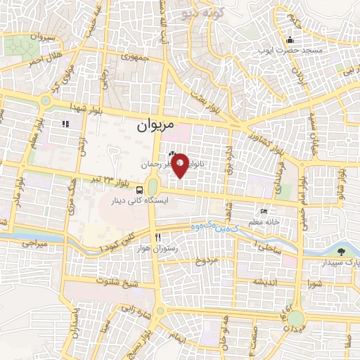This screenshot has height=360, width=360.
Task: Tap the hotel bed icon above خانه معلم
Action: tap(264, 212)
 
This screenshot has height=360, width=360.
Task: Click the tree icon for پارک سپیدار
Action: tap(342, 250)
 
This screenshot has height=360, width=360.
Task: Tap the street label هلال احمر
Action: tap(44, 58)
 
